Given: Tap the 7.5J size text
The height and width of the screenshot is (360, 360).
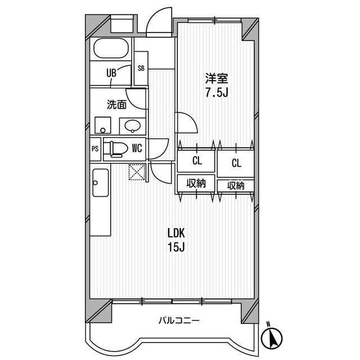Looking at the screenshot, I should [x=215, y=92].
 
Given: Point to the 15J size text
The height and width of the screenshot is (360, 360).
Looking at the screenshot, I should [x=175, y=247].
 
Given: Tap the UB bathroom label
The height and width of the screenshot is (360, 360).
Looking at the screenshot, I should [x=111, y=72].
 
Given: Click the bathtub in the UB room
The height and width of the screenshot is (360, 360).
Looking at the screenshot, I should [x=111, y=49].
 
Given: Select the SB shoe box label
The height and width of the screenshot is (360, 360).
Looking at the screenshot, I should [x=141, y=68].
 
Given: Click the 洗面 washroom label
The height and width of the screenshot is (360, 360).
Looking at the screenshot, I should [x=116, y=105].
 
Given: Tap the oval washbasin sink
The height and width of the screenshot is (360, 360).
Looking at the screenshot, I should [x=133, y=125].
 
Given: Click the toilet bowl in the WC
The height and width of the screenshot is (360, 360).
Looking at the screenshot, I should [x=116, y=148].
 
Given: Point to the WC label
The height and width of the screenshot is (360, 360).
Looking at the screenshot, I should [x=137, y=148].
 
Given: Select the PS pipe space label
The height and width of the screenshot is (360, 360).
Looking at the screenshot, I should [x=95, y=149].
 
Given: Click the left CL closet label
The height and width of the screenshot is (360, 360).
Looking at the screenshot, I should [x=196, y=161].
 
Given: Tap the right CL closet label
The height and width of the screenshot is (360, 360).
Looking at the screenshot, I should [x=236, y=163].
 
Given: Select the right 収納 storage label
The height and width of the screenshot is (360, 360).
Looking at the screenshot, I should [x=236, y=185].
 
